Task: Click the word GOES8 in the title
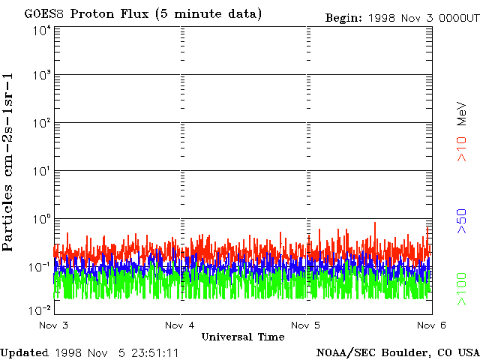click(41, 14)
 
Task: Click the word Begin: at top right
click(343, 17)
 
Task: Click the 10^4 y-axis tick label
click(40, 31)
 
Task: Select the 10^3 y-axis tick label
click(40, 75)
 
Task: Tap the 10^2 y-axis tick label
click(40, 123)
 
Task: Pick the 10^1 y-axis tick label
click(40, 171)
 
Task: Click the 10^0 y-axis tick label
click(40, 219)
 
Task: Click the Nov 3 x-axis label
click(53, 325)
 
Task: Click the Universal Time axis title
click(242, 337)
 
